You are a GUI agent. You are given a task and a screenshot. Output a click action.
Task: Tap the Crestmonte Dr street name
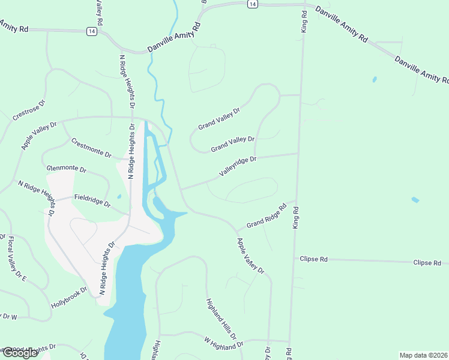(x=91, y=148)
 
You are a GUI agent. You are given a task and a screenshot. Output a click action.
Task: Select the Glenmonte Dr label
(x=66, y=169)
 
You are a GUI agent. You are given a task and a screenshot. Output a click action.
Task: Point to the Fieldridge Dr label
(x=92, y=200)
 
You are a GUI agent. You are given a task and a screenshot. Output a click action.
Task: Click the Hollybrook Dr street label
(x=69, y=297)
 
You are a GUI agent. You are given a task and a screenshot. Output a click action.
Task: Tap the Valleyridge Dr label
(x=238, y=166)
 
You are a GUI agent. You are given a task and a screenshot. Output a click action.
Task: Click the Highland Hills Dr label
(x=221, y=319)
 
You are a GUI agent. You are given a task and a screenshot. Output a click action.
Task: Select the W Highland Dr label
(x=223, y=343)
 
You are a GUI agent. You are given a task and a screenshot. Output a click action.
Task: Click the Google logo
(x=19, y=352)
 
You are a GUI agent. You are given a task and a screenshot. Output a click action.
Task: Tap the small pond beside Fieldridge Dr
(x=119, y=196)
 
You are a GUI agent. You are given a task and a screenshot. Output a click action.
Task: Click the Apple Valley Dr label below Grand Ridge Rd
(x=250, y=256)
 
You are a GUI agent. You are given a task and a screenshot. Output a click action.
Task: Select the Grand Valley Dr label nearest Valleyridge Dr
(x=232, y=144)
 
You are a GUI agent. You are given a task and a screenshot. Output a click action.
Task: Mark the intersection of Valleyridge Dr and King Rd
(x=298, y=154)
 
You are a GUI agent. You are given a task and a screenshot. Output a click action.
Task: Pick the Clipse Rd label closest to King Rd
(x=314, y=259)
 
